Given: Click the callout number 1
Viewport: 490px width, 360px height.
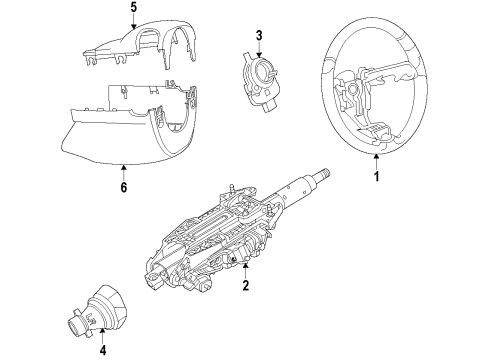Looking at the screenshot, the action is (376, 176).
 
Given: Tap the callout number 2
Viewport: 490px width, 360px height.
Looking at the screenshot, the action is (246, 285).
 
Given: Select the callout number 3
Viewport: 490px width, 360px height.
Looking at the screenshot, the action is (259, 35).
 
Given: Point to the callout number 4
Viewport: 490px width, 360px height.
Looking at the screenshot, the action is (103, 350).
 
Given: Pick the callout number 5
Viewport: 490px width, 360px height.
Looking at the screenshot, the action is (134, 8).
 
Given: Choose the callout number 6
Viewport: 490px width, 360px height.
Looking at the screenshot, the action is (124, 188).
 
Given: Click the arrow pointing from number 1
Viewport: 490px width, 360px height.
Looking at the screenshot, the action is (376, 161).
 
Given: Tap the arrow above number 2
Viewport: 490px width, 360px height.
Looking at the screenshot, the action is (246, 271).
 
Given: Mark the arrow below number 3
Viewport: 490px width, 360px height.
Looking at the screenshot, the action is (259, 49).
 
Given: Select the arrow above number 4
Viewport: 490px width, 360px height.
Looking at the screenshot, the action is (103, 336).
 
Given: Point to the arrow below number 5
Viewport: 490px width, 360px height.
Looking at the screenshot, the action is (134, 22).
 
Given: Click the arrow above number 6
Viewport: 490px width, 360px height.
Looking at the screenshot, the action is (124, 173).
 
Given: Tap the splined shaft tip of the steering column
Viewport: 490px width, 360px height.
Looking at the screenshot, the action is (325, 173).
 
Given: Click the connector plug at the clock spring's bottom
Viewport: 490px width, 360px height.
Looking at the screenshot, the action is (269, 107).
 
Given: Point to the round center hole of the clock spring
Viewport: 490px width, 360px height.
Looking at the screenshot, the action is (263, 70).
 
